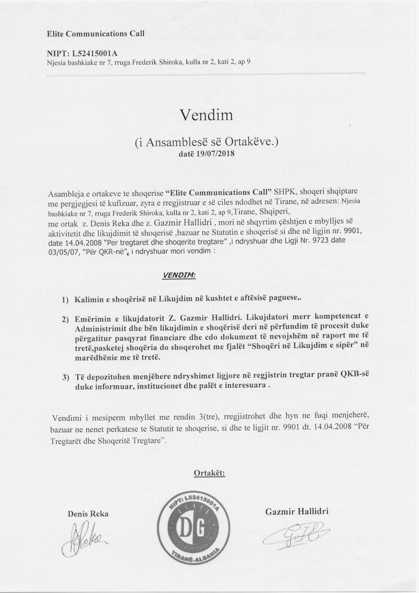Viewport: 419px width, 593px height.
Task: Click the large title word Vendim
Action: point(206,115)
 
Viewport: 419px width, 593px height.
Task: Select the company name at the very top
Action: point(95,34)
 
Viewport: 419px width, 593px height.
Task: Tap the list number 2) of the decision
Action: point(65,319)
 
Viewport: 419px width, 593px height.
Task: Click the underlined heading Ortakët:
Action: point(209,473)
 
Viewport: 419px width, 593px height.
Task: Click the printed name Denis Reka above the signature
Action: point(88,514)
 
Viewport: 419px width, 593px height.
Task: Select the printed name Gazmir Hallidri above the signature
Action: point(297,511)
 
